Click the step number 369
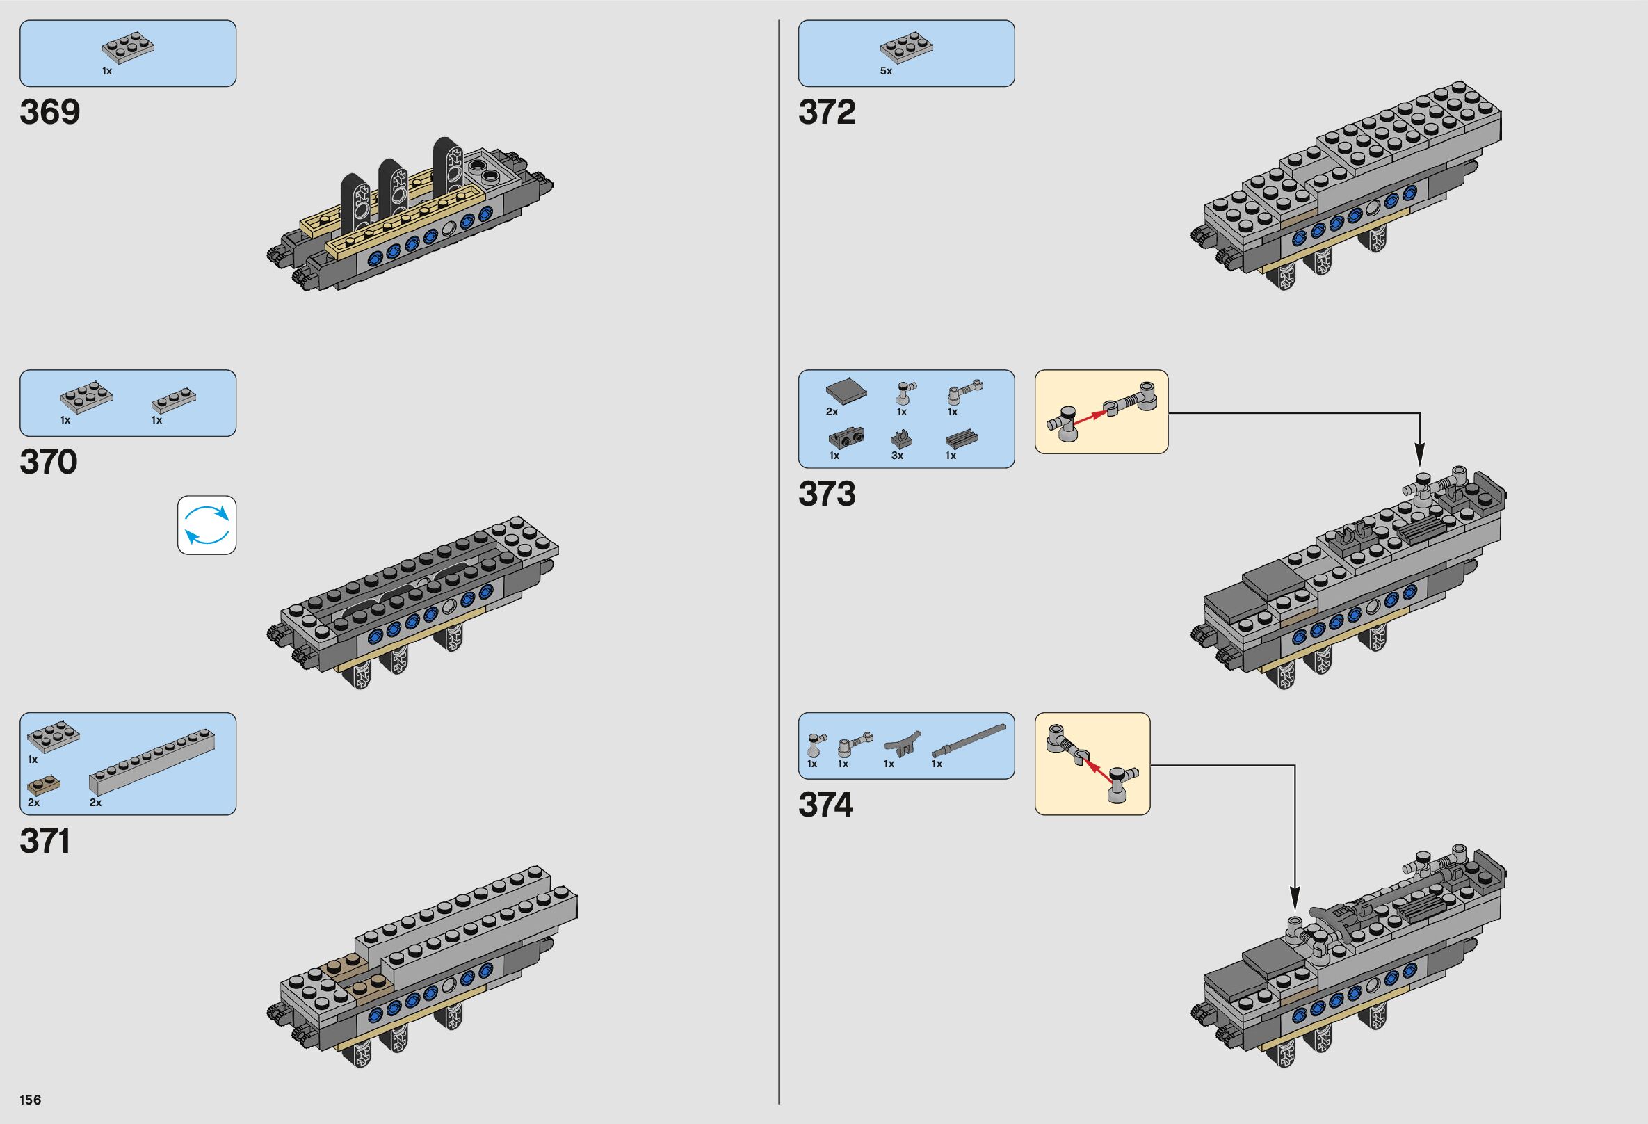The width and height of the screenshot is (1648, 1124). (x=50, y=113)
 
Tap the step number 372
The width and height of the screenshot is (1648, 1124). (x=827, y=113)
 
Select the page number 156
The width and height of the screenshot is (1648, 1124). (x=31, y=1100)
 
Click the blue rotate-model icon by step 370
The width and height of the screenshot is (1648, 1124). (x=207, y=524)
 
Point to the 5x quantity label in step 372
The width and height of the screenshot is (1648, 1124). (x=886, y=72)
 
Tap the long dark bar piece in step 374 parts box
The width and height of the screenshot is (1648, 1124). (x=969, y=741)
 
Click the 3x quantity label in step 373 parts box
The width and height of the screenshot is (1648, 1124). (x=897, y=456)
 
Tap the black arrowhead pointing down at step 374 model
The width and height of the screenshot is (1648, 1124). (x=1295, y=901)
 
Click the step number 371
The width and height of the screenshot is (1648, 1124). (x=45, y=841)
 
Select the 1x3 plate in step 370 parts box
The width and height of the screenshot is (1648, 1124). (x=174, y=401)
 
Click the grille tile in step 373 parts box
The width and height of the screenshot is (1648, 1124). (x=961, y=437)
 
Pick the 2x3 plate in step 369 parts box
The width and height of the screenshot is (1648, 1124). (x=129, y=47)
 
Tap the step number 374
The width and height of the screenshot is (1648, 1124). (x=825, y=805)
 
